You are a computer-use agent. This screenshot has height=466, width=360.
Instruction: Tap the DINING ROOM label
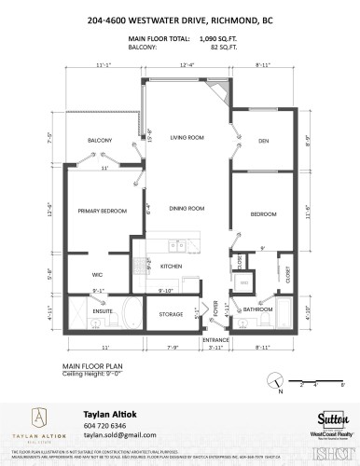pos(187,209)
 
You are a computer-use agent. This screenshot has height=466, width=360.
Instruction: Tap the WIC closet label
pos(97,274)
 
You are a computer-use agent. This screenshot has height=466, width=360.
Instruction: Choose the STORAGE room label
pos(171,314)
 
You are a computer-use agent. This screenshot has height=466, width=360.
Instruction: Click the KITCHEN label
pos(171,267)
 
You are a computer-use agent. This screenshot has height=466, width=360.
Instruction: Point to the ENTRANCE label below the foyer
pos(215,343)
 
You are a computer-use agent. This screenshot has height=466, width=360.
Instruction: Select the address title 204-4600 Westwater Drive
pos(180,19)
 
